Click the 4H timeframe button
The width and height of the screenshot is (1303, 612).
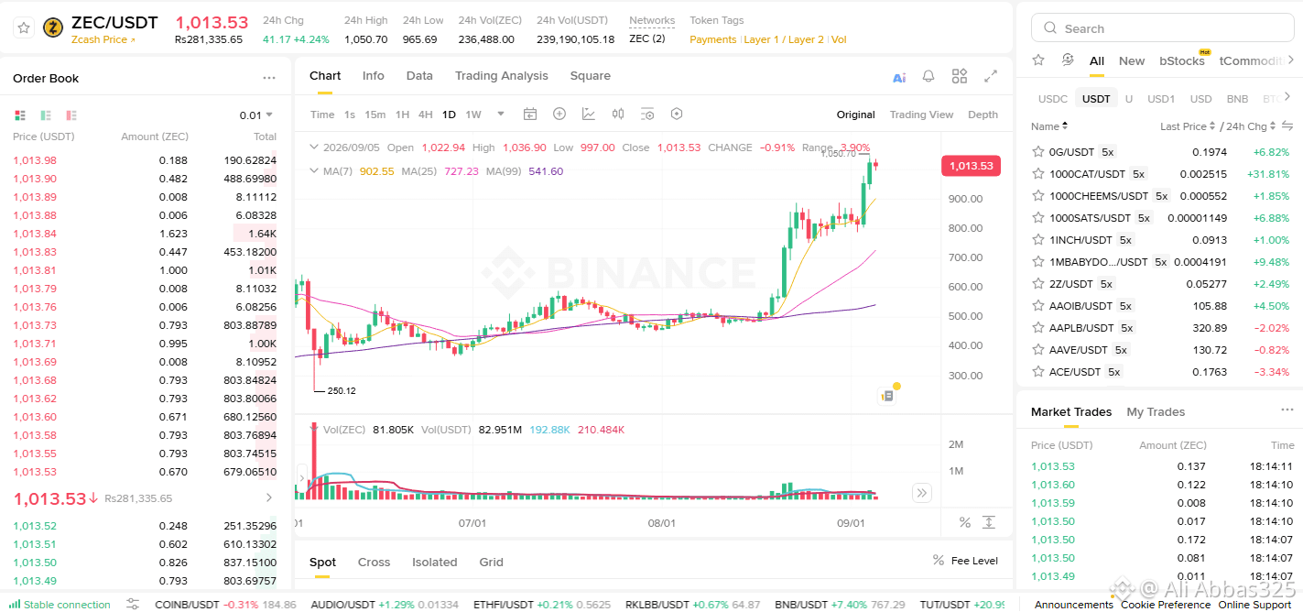(425, 115)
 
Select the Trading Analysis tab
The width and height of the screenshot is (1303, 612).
(502, 76)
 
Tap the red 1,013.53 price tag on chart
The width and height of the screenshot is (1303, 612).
(971, 166)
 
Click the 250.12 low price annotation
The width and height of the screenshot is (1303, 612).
(342, 391)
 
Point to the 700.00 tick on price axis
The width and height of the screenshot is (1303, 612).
(965, 257)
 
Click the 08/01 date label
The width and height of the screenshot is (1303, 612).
(661, 523)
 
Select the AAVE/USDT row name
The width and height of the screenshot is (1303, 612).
(1078, 350)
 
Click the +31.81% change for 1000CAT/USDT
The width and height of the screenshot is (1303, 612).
(1268, 174)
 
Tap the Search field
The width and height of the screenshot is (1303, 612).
(1162, 28)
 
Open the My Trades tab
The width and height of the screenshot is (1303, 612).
(1156, 412)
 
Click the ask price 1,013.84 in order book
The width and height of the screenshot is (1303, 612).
(35, 234)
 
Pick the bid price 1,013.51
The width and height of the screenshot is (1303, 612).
(35, 544)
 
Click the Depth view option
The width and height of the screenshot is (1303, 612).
(983, 115)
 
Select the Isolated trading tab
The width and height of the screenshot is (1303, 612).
(435, 562)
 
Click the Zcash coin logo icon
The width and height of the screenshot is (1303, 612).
(53, 27)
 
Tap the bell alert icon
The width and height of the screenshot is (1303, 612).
(928, 76)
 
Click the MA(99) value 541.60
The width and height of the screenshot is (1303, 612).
(546, 171)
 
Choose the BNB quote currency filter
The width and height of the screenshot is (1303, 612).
(1237, 99)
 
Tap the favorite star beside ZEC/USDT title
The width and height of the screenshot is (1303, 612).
(24, 27)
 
